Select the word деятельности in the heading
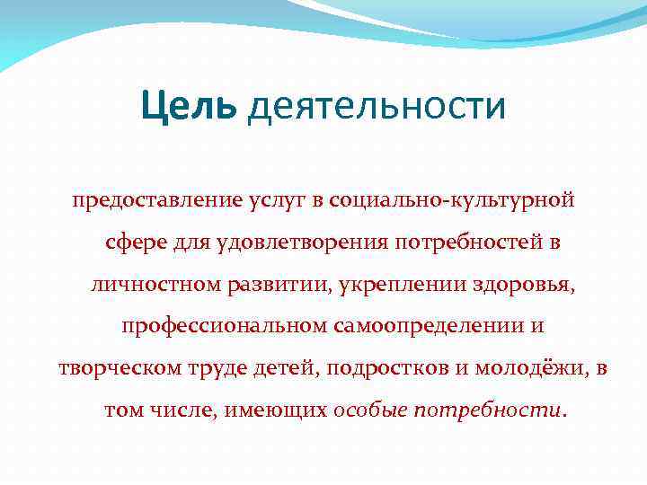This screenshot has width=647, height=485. pos(377,109)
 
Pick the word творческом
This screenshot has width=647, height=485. pos(116,368)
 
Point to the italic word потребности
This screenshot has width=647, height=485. pos(489,410)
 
